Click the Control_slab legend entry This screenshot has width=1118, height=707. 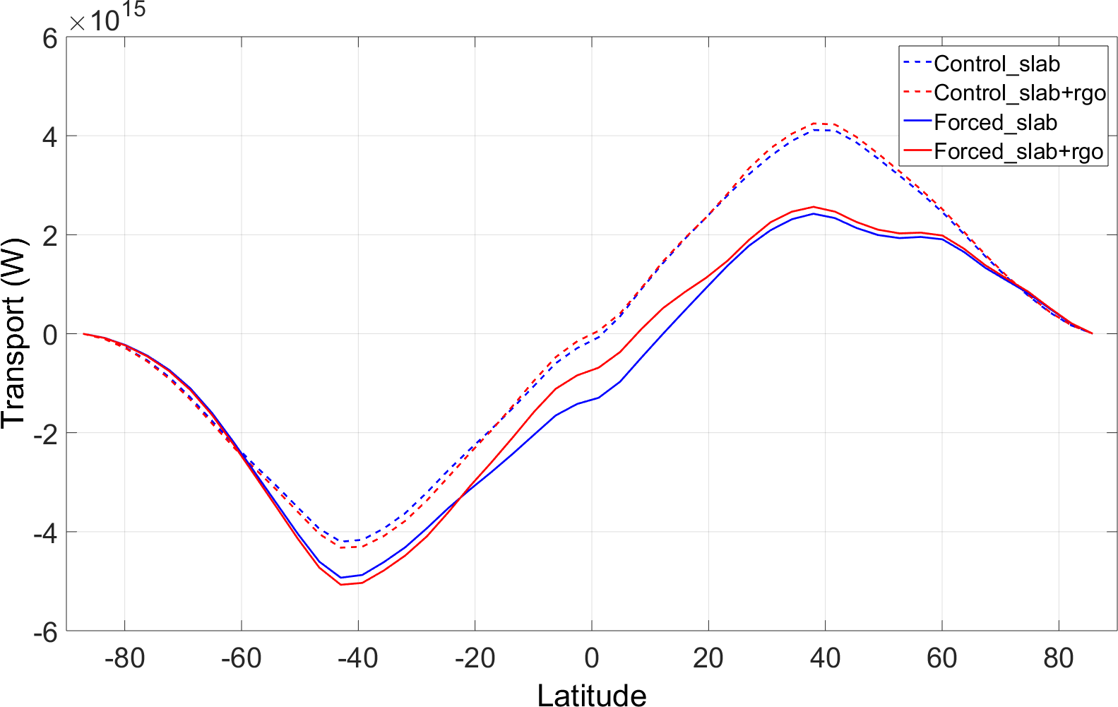click(996, 64)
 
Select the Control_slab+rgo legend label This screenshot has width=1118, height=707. click(1019, 93)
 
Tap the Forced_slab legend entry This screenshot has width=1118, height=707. click(994, 122)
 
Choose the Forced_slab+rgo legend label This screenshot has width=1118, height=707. click(1018, 151)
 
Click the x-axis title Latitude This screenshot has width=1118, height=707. click(591, 695)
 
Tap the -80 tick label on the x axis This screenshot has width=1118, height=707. click(124, 658)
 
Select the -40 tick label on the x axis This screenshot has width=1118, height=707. click(358, 658)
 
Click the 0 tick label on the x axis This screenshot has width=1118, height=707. click(592, 658)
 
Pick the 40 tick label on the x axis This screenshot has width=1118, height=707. click(825, 658)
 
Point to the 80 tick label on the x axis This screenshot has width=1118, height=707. click(1059, 658)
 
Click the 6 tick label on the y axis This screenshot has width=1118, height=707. click(49, 37)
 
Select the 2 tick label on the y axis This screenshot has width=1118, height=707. click(49, 235)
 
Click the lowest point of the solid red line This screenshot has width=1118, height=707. click(340, 584)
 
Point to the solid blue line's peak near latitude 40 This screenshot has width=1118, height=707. click(814, 213)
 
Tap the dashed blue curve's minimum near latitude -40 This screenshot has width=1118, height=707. click(343, 542)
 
